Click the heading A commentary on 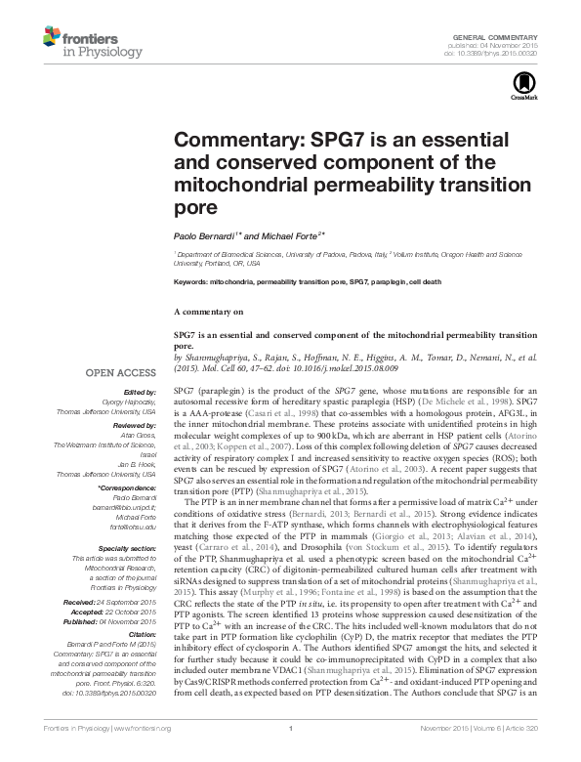click(x=207, y=312)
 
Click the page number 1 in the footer click(x=292, y=755)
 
